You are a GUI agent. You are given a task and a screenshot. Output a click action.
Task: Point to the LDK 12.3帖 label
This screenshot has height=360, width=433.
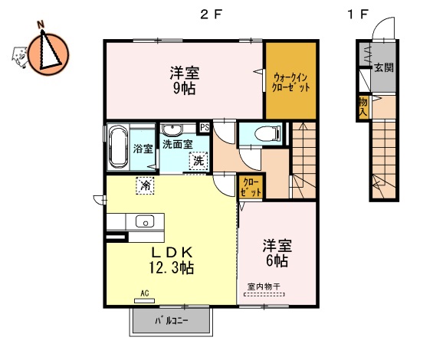click(171, 260)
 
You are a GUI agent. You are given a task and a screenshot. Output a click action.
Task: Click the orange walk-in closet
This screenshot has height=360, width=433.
click(291, 80)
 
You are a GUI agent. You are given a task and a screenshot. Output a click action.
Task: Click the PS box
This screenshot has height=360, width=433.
click(205, 128)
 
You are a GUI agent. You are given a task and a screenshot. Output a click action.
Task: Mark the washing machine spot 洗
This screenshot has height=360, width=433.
click(198, 161)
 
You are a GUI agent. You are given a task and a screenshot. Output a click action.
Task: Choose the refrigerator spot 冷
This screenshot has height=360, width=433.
click(144, 185)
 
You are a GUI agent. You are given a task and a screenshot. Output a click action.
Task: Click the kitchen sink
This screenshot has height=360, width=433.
click(145, 221)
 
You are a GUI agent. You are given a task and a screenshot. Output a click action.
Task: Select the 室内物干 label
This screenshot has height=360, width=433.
click(264, 287)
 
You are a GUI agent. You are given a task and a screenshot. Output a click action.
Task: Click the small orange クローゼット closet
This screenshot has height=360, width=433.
click(251, 187)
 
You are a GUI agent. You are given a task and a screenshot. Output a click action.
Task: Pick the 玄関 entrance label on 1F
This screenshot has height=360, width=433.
click(383, 67)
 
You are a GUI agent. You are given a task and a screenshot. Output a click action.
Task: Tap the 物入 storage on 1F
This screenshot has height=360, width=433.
click(362, 107)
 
